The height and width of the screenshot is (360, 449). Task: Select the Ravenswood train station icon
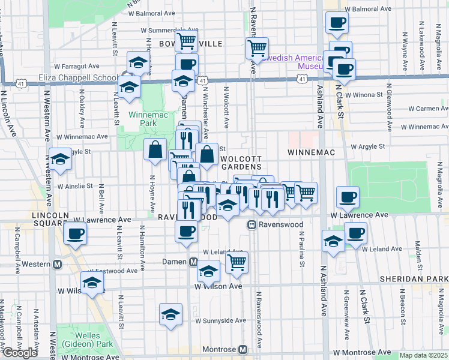click(253, 224)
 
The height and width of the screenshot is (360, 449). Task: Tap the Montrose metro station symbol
click(243, 349)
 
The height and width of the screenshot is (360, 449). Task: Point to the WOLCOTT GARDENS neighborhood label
click(241, 162)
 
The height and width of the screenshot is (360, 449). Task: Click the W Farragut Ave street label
click(76, 67)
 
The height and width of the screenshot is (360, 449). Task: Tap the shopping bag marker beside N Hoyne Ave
click(155, 151)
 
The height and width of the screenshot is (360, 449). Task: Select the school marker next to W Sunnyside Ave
click(170, 314)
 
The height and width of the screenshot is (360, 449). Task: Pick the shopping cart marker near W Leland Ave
click(237, 262)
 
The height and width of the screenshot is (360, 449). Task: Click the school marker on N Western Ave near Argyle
click(59, 160)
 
